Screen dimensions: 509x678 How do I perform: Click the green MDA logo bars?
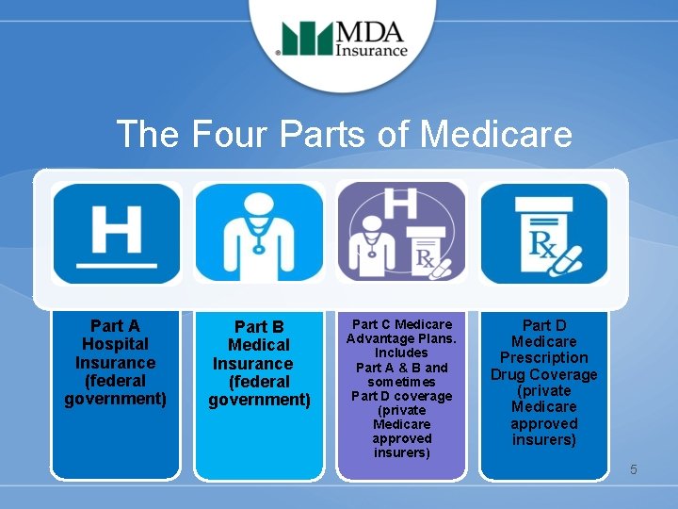[x=307, y=41]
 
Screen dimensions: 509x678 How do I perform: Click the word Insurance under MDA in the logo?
[x=373, y=51]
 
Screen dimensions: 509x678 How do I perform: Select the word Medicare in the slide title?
[x=496, y=134]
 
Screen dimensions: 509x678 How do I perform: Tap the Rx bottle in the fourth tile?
[x=538, y=231]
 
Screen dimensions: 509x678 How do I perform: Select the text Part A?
[x=116, y=326]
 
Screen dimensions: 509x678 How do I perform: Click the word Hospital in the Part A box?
[x=116, y=344]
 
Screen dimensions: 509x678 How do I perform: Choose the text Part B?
[x=259, y=327]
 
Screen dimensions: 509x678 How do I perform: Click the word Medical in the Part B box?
[x=259, y=345]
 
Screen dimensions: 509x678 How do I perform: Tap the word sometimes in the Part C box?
[x=401, y=382]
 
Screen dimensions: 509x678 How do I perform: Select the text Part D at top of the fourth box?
[x=544, y=325]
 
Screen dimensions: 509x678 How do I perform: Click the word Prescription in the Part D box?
[x=544, y=358]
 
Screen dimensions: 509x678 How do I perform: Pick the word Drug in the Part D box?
[x=509, y=374]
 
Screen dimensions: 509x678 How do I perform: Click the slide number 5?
[x=634, y=468]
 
